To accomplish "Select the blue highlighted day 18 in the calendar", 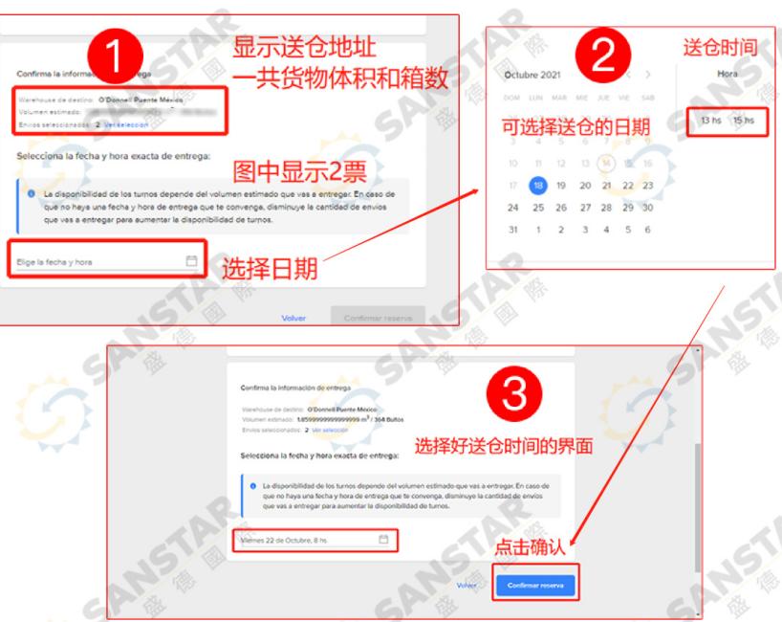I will (x=538, y=186).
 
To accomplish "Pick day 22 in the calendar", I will (x=626, y=186).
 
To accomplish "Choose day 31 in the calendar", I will (x=513, y=230).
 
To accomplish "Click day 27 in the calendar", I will (x=582, y=208).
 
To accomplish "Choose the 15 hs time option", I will (x=744, y=120).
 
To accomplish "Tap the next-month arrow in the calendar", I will (x=648, y=74).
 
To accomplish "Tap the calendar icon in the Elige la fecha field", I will (x=190, y=260).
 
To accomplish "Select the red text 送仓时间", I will (x=720, y=45).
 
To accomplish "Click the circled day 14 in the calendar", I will (x=605, y=164).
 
